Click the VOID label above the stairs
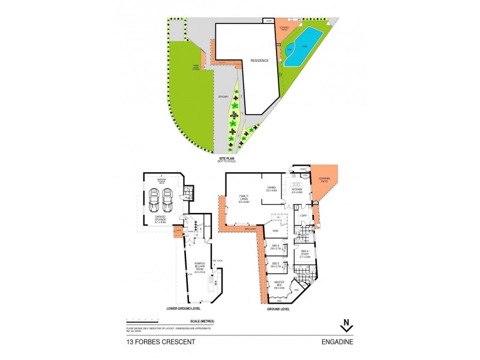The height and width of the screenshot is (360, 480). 276,230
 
